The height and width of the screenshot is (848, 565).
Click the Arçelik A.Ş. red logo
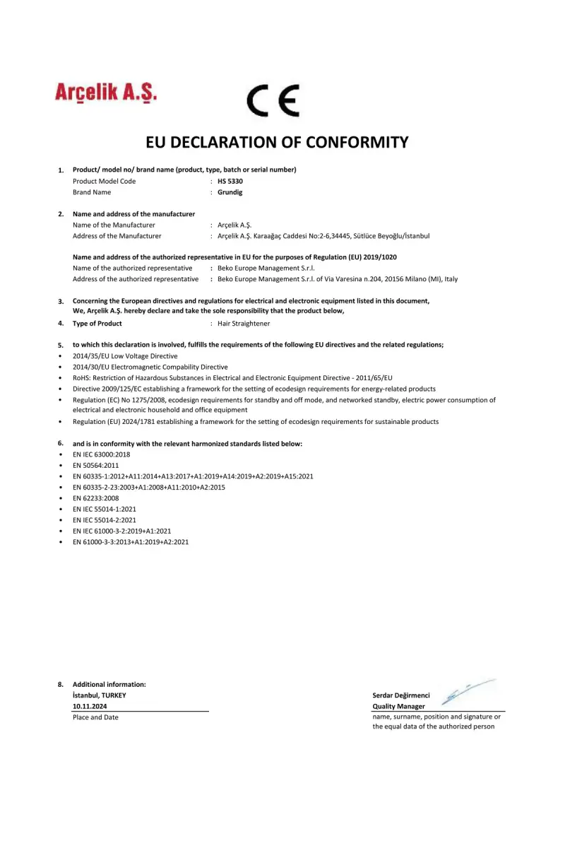106,93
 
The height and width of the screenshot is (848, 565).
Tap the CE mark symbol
273,101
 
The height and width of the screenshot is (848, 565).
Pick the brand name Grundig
230,192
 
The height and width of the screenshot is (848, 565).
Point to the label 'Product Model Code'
104,181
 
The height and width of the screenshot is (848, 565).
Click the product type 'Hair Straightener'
244,324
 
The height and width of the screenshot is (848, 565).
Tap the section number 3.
61,302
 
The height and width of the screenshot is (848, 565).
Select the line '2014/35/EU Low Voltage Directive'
125,356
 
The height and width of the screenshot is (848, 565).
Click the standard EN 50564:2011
96,466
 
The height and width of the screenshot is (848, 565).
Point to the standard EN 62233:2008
96,498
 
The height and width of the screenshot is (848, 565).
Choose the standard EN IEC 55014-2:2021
105,520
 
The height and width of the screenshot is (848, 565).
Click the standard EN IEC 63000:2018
102,454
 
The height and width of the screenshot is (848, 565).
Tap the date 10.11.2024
90,707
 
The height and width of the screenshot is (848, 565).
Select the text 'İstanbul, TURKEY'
100,695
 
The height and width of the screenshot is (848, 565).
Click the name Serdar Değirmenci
401,696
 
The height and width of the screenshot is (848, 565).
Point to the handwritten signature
466,692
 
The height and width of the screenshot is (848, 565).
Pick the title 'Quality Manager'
398,707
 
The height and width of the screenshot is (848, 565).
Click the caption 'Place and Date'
95,718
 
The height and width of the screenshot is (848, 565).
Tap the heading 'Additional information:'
109,684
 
